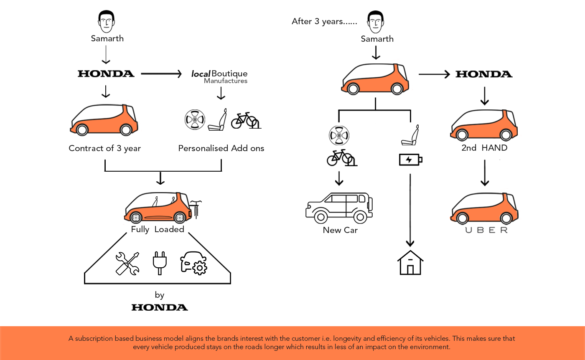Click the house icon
point(410,263)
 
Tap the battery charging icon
point(410,160)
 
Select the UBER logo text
point(486,230)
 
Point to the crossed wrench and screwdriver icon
point(127,264)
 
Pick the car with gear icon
point(193,264)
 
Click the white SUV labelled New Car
point(339,208)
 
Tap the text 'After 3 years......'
point(324,21)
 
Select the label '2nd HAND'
point(484,148)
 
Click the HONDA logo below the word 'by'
point(160,307)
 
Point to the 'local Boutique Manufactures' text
point(220,76)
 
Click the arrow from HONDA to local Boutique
point(161,74)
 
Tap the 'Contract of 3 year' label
point(104,148)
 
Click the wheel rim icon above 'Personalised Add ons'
point(195,120)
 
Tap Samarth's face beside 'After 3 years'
point(376,22)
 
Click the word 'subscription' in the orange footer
point(93,339)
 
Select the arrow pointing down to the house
point(410,209)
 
